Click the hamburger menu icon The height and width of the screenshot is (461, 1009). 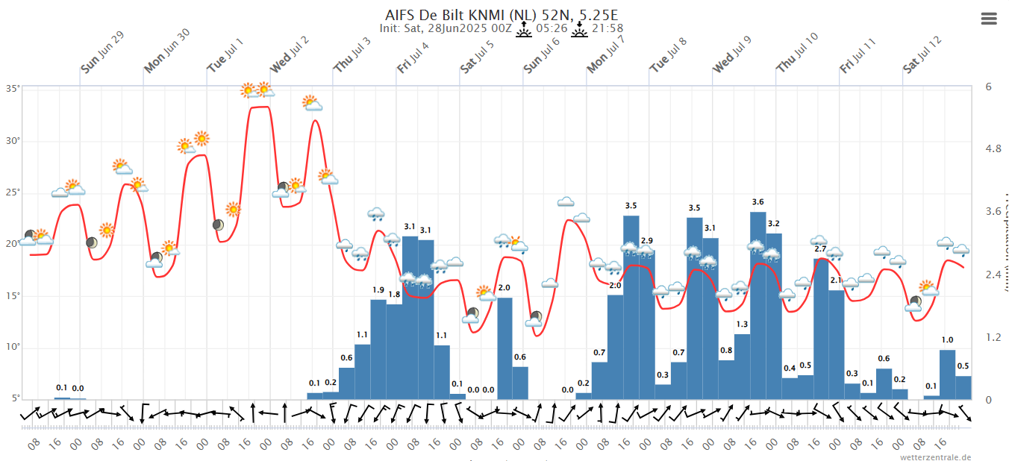989,19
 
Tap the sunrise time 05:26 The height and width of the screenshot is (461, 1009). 552,28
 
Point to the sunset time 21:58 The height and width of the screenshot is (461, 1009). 607,28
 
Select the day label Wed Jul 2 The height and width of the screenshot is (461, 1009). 290,55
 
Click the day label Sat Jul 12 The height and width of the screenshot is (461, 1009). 922,55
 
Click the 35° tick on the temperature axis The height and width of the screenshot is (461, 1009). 13,89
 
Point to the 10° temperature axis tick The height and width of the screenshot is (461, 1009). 13,347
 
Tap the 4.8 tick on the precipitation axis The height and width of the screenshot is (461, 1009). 993,149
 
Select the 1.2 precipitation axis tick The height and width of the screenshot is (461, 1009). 993,337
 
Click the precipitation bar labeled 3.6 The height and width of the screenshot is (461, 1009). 757,306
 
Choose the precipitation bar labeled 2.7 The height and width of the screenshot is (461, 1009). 821,328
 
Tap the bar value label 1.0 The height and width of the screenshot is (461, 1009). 948,340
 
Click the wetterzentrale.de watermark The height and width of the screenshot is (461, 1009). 935,457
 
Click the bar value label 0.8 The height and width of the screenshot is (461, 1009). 726,351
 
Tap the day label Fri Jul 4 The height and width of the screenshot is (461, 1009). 413,57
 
